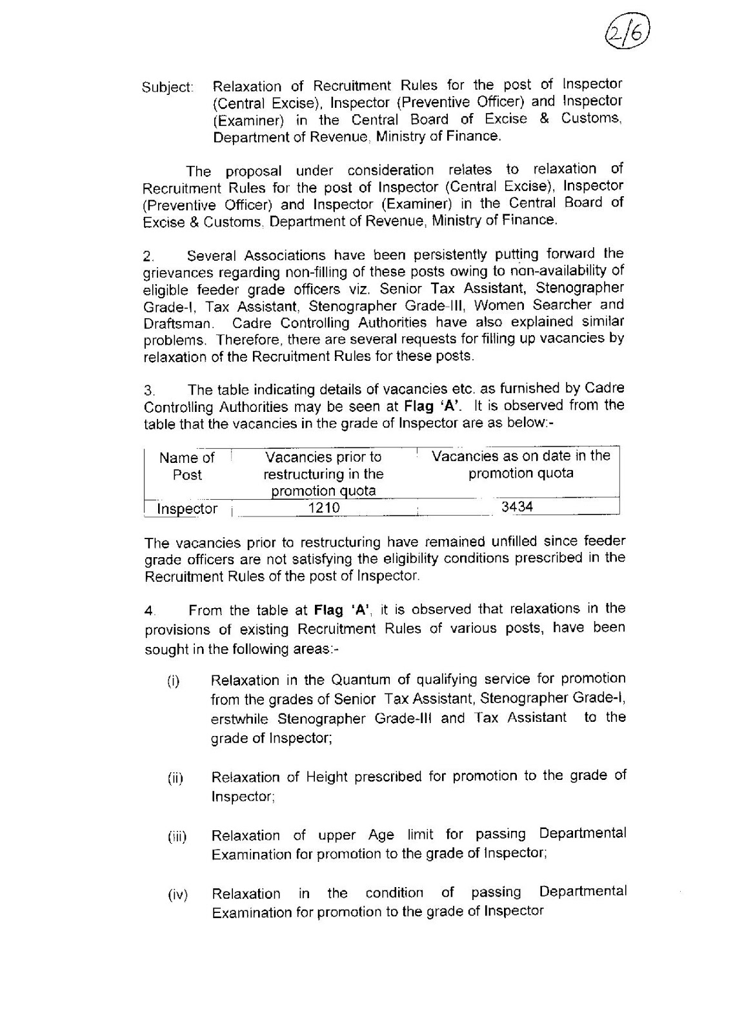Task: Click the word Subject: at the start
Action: (x=167, y=87)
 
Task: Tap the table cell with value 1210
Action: (x=323, y=508)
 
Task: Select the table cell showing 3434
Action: (x=518, y=507)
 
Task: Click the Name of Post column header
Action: (x=187, y=466)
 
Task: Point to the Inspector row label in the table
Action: (x=187, y=509)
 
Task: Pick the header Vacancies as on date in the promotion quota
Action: (x=520, y=464)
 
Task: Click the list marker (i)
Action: (x=174, y=681)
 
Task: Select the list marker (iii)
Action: (x=177, y=837)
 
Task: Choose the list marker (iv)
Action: (x=177, y=895)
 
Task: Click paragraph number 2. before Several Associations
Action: (x=149, y=257)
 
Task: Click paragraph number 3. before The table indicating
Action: (x=149, y=391)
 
